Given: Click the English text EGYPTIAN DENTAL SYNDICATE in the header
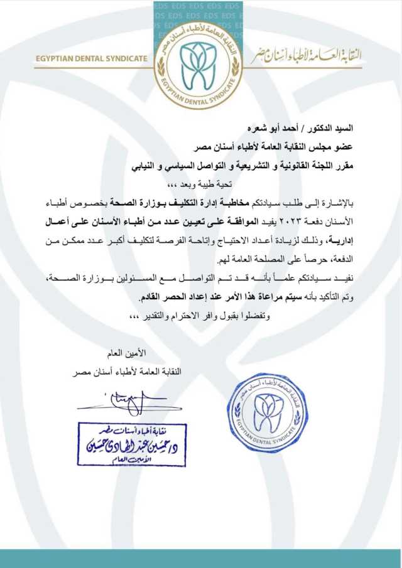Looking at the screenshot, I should [91, 59].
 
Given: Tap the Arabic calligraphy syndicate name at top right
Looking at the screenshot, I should [306, 56].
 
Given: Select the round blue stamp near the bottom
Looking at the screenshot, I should [268, 412].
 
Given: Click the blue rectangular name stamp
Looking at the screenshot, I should [132, 444].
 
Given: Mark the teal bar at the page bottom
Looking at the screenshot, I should [201, 558].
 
